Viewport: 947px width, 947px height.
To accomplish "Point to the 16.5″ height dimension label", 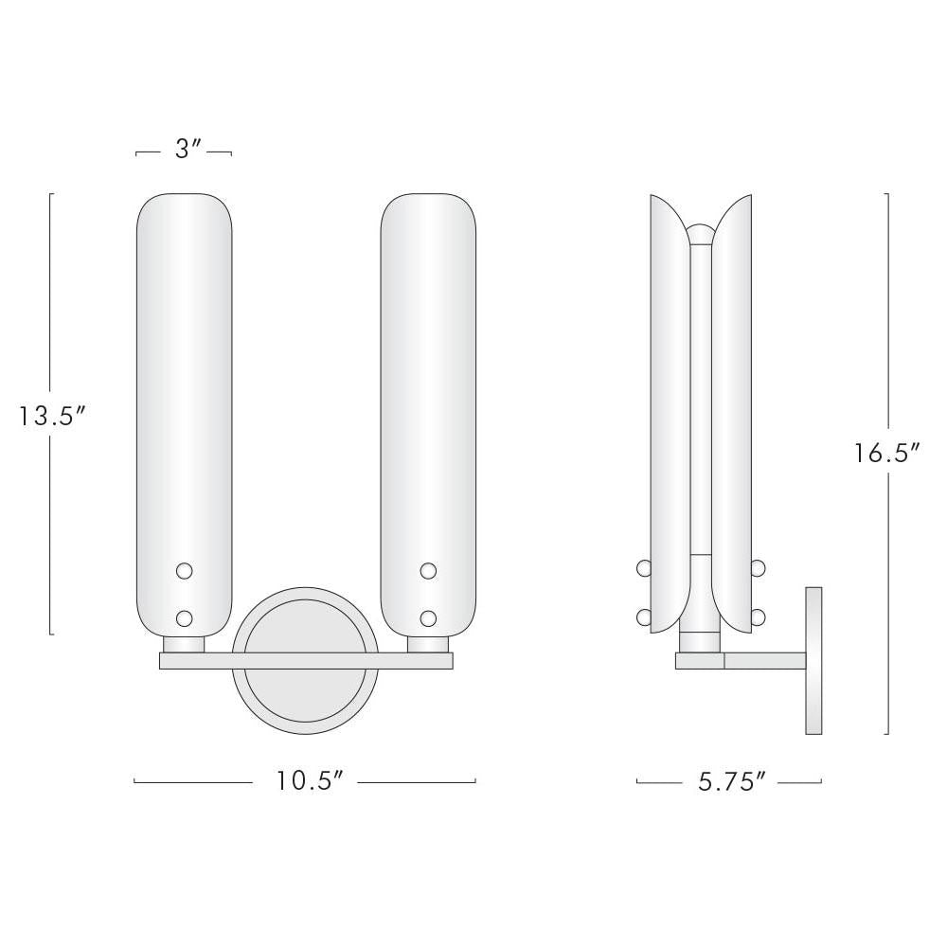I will pos(887,454).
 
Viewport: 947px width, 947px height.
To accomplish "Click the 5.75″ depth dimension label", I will pos(730,781).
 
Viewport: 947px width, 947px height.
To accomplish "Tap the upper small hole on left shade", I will pos(185,570).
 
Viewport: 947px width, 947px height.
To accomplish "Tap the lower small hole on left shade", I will pos(185,618).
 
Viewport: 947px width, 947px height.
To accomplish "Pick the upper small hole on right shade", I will pos(428,570).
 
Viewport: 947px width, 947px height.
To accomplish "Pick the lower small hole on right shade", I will pos(428,618).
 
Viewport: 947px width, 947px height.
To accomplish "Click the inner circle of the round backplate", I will pos(307,701).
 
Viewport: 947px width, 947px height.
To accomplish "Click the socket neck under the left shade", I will pos(184,644).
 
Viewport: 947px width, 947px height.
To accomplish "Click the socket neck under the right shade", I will pos(428,644).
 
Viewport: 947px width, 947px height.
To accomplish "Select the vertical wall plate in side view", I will pos(813,660).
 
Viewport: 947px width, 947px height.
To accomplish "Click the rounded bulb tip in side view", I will pos(701,233).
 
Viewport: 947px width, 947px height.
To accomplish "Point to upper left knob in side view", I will pos(644,568).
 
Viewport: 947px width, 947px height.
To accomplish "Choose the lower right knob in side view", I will pos(759,617).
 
